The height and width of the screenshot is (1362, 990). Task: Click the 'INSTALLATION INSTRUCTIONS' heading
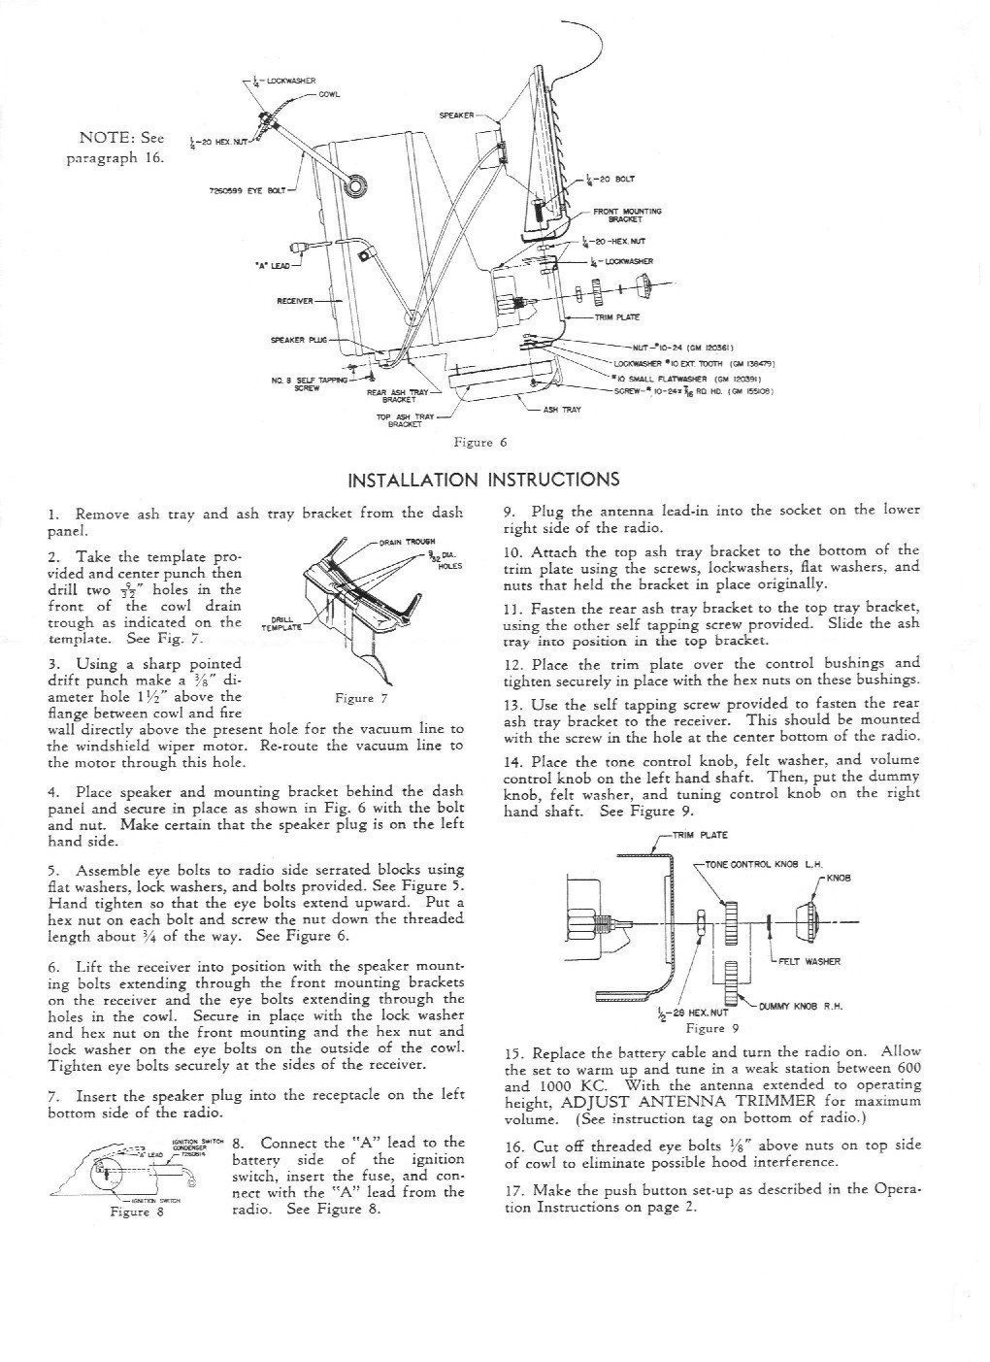click(482, 479)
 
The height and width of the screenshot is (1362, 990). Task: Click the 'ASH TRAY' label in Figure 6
click(563, 410)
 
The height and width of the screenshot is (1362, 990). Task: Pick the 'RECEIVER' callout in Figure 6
click(295, 301)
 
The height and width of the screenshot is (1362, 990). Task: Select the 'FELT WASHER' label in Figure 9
click(809, 962)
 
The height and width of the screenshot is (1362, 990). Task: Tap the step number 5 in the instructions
click(52, 870)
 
